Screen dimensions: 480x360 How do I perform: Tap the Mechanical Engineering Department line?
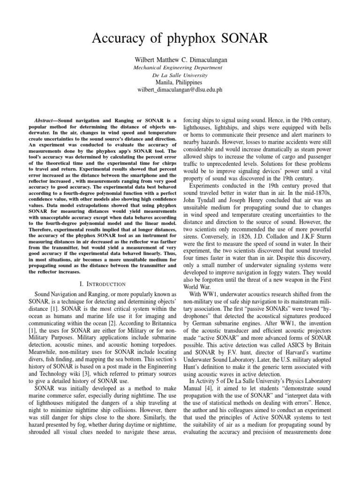click(180, 67)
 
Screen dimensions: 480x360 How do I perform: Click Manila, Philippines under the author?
click(180, 82)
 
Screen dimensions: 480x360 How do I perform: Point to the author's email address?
click(180, 90)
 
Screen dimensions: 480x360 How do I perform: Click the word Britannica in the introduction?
click(156, 323)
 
